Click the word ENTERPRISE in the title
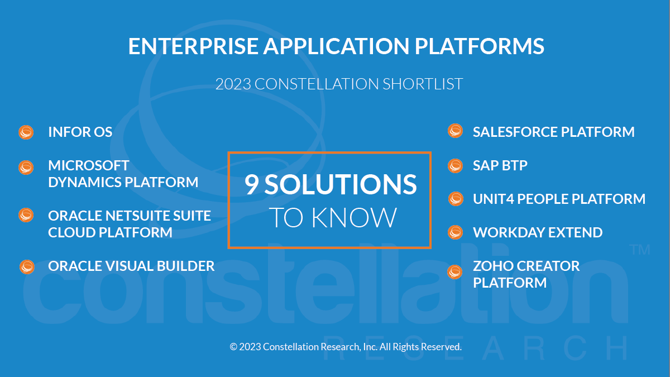(x=193, y=46)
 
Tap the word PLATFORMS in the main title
(x=479, y=46)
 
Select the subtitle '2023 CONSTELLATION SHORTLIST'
(x=339, y=84)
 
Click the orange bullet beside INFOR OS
(x=26, y=132)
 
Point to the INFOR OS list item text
(x=80, y=132)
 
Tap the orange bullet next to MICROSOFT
(x=26, y=167)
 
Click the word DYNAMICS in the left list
(x=84, y=182)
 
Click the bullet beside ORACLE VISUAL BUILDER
(x=27, y=267)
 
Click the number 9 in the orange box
(x=252, y=184)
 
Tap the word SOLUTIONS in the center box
(x=341, y=184)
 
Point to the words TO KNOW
(x=333, y=217)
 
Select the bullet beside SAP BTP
(x=455, y=166)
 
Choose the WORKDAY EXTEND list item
(x=538, y=232)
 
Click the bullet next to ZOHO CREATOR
(x=454, y=272)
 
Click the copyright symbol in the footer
(x=233, y=347)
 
